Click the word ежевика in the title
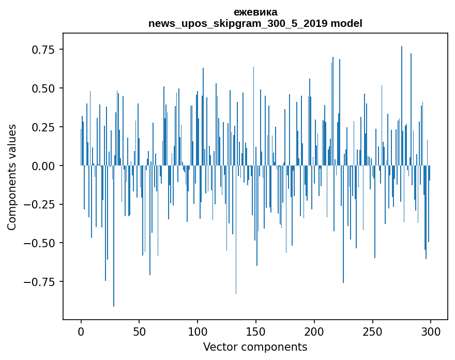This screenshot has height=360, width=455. click(255, 12)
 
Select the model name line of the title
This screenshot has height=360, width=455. click(255, 23)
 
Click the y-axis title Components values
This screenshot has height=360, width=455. click(12, 177)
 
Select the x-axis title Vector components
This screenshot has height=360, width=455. click(255, 347)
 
